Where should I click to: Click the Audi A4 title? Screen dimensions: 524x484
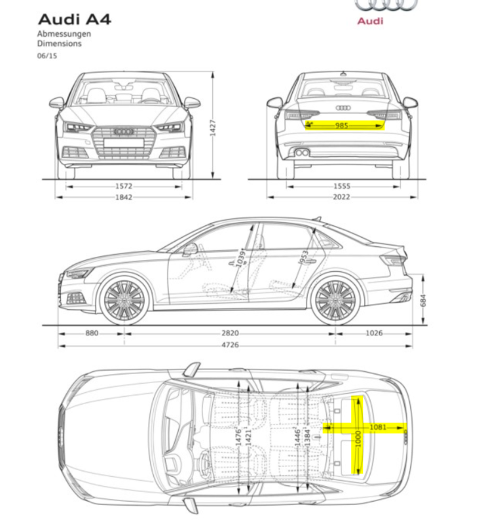point(74,18)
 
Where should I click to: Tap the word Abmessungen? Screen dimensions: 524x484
point(64,33)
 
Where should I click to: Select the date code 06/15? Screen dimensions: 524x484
point(47,56)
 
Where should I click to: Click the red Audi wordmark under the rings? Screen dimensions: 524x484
point(370,21)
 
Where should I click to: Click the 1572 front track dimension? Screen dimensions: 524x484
point(124,186)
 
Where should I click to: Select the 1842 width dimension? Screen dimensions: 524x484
point(124,197)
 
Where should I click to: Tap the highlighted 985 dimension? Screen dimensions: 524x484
point(341,124)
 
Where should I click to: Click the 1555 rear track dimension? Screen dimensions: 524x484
point(341,186)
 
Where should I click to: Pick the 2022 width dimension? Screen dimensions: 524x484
point(341,197)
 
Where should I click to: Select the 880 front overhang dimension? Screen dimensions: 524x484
point(92,333)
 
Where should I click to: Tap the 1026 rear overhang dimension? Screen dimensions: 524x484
point(373,333)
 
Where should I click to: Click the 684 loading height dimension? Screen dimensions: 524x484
point(424,300)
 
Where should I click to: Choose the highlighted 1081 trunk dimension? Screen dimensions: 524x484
point(378,427)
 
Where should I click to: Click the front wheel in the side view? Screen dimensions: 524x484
point(124,301)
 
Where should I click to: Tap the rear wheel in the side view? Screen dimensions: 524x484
point(335,301)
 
